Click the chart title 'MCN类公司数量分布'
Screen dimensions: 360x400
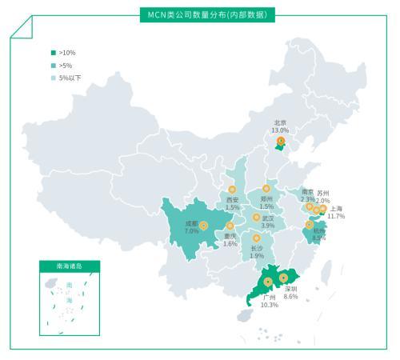click(201, 15)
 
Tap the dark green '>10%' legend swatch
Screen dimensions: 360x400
click(53, 53)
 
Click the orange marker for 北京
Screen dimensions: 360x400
click(280, 142)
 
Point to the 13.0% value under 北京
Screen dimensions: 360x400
click(280, 130)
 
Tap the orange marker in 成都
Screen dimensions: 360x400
click(203, 226)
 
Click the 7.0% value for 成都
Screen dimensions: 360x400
click(191, 230)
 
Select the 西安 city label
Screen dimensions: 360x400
click(232, 200)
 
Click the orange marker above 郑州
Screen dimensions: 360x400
click(266, 189)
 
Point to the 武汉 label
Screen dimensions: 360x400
click(268, 218)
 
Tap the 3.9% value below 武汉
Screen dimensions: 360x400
click(268, 226)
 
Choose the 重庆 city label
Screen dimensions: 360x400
click(230, 236)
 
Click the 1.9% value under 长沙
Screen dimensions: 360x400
click(257, 256)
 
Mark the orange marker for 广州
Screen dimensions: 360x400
click(267, 282)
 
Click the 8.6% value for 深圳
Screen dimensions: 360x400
click(290, 296)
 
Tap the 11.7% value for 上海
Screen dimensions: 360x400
click(336, 217)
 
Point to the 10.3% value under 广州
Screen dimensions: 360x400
click(270, 305)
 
